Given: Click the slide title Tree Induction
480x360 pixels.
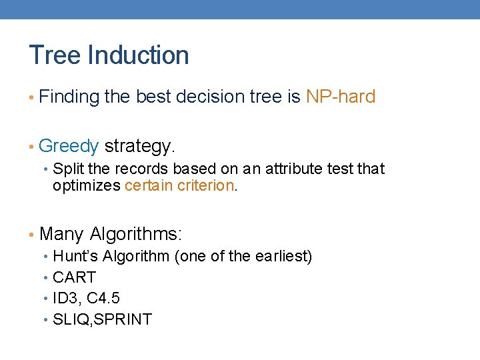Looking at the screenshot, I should coord(109,55).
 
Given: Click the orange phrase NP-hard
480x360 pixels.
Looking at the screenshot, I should coord(341,97).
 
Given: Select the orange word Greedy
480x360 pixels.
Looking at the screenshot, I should coord(69,145).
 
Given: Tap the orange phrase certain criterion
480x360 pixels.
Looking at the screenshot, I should coord(180,185).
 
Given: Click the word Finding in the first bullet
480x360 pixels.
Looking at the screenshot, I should coord(69,97).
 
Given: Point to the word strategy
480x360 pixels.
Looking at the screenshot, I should coord(140,145).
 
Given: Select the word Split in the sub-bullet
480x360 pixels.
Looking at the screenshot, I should coord(67,169).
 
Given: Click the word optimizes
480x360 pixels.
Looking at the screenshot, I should coord(87,185).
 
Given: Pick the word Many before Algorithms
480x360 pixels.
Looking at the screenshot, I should coord(61,234).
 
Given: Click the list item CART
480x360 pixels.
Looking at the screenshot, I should coord(74,277).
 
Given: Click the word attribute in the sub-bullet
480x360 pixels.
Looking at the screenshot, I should coord(293,169).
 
